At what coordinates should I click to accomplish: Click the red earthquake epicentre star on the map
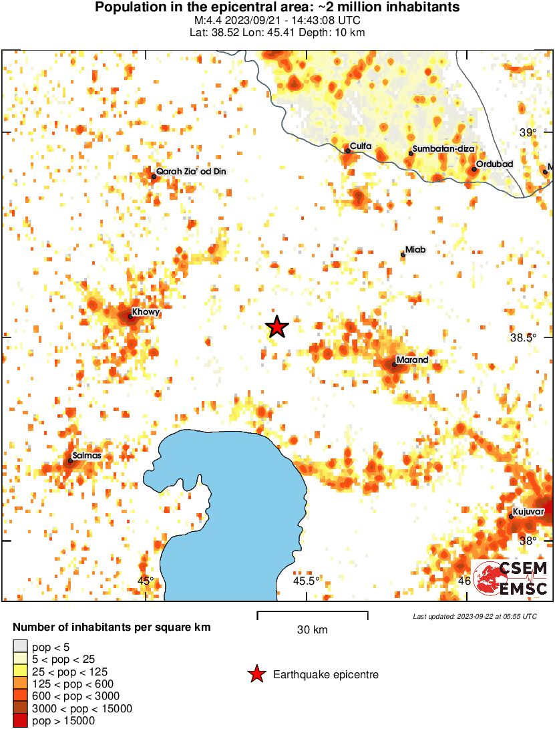(276, 327)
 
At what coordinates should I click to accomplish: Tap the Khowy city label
(146, 312)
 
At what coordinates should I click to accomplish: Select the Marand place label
(411, 361)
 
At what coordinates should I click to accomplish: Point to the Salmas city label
(86, 456)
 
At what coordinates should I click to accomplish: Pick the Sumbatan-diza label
(438, 148)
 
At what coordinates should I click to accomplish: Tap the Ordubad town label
(493, 164)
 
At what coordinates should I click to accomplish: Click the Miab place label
(416, 250)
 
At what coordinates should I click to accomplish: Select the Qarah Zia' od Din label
(191, 172)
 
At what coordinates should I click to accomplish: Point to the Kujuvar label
(529, 513)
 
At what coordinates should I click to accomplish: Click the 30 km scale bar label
(312, 629)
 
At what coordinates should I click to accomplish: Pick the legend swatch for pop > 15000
(20, 720)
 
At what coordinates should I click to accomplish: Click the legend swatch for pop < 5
(20, 646)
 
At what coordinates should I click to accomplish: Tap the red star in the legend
(256, 675)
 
